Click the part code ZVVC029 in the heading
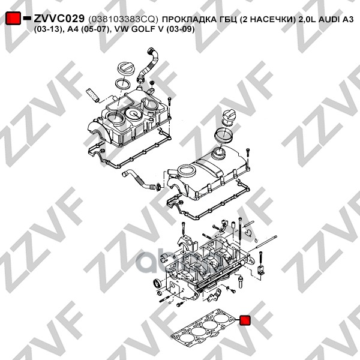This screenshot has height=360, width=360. coord(59,19)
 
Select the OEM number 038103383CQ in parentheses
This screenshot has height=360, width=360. coord(123,19)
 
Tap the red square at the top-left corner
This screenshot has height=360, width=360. coord(13,18)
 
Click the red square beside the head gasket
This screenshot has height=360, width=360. coord(245,320)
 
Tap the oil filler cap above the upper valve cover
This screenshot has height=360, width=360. coord(125,69)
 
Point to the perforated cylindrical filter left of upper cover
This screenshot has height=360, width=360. coord(92,95)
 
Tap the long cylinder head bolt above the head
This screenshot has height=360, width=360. coord(240,231)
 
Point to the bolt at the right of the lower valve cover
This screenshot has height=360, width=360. coord(247,152)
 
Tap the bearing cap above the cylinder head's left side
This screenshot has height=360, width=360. coord(188,244)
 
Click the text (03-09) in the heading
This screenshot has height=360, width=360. coord(180,29)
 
